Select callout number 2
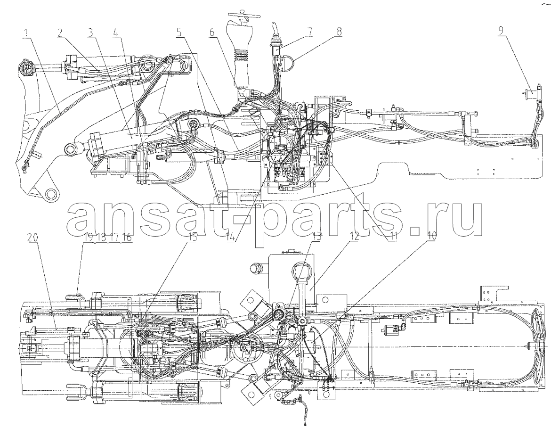[60, 33]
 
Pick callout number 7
[309, 33]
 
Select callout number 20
[34, 237]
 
